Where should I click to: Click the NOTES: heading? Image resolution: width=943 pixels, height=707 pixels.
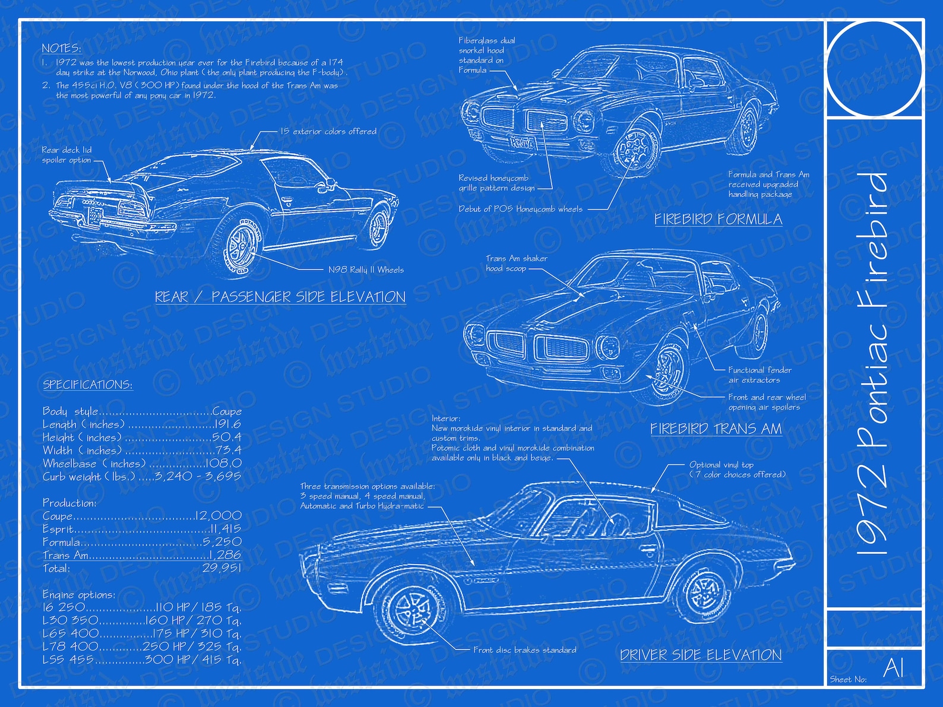pos(61,48)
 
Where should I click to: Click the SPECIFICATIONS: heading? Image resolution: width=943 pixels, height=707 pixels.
pos(87,385)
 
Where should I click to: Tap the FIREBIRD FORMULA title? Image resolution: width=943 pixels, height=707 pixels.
pos(718,219)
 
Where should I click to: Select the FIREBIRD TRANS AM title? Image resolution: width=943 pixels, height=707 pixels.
pos(716,429)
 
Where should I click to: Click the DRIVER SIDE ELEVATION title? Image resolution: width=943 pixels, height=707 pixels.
pos(701,655)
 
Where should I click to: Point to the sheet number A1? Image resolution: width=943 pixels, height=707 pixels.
pos(893,668)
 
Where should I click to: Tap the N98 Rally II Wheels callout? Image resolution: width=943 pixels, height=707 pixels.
pos(366,270)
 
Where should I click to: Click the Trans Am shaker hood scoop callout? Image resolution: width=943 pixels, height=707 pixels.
pos(516,263)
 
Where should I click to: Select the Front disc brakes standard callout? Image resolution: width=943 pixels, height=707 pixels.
pos(524,650)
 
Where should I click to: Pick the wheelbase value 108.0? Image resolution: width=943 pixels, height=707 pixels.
pos(223,463)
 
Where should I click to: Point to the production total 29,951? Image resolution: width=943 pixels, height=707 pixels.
pos(221,568)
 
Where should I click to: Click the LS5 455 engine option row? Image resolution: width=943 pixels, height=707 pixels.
pos(141,659)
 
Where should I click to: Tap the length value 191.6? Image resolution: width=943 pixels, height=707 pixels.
pos(227,424)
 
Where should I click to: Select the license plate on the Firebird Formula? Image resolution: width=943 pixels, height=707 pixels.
pos(522,142)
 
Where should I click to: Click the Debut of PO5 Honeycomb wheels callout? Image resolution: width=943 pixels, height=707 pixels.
pos(520,209)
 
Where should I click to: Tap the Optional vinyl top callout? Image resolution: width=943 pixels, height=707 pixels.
pos(736,470)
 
